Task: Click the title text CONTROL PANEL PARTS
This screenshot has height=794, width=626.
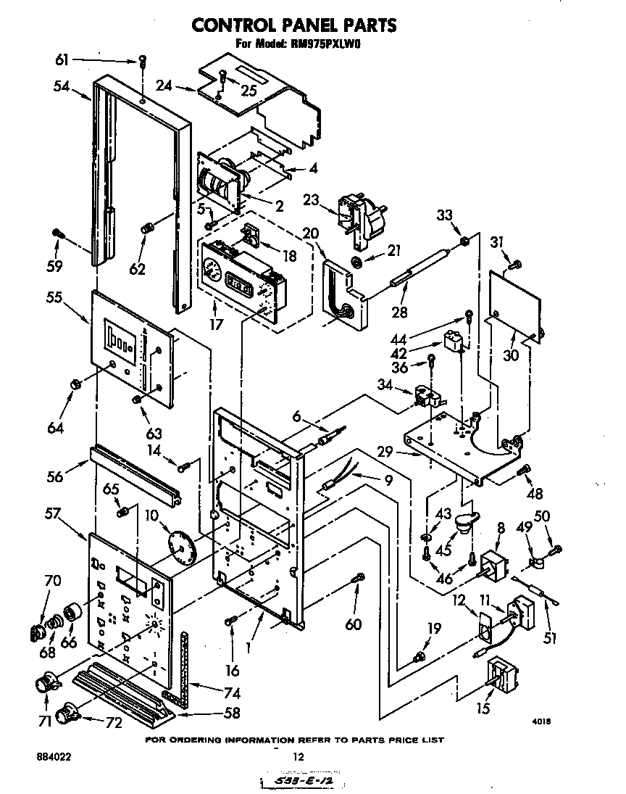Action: [293, 25]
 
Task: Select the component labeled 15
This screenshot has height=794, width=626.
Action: [504, 675]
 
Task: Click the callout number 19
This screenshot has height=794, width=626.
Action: [433, 628]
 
